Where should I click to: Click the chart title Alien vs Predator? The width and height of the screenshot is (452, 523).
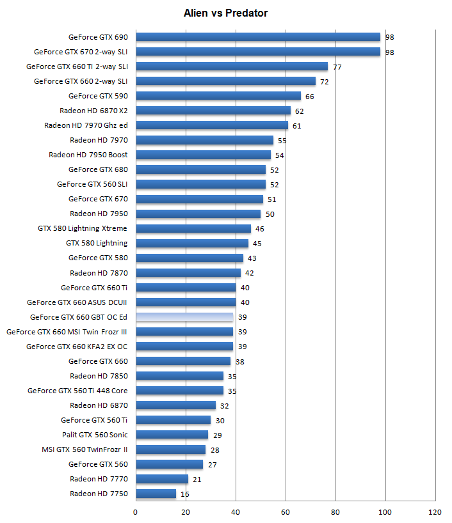[x=225, y=13]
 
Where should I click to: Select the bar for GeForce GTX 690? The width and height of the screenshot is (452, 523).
[x=258, y=37]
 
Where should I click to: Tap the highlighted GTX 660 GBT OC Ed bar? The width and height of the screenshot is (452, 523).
[x=184, y=317]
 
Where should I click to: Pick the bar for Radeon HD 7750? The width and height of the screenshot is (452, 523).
[x=156, y=494]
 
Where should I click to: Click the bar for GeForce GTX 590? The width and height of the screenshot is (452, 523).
[x=218, y=96]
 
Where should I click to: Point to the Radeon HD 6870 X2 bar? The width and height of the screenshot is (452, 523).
[x=213, y=111]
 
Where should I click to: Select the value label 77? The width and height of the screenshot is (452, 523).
[x=337, y=66]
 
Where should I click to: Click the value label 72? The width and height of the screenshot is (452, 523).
[x=324, y=81]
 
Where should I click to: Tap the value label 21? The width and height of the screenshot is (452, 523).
[x=197, y=479]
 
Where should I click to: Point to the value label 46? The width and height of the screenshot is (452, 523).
[x=259, y=228]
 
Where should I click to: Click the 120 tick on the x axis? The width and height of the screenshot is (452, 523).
[x=435, y=512]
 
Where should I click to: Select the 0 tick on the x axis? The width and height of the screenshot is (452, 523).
[x=136, y=512]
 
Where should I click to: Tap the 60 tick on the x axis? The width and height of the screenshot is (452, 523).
[x=286, y=512]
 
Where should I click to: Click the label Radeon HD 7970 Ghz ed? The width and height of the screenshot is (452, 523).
[x=86, y=125]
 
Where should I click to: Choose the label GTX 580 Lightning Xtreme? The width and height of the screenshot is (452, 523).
[x=83, y=228]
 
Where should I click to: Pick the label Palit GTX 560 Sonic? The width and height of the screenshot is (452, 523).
[x=95, y=435]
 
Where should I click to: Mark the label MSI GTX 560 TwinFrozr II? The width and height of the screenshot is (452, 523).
[x=85, y=449]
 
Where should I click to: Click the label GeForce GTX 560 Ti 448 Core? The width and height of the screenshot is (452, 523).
[x=77, y=391]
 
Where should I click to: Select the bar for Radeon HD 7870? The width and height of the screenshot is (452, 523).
[x=188, y=273]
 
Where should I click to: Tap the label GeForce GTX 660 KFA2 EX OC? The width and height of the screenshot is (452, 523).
[x=77, y=347]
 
